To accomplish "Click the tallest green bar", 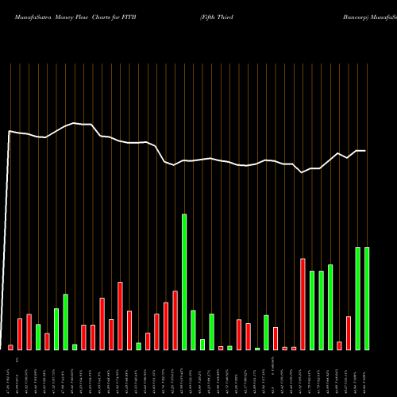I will tap(184, 282).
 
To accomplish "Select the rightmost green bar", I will tap(367, 299).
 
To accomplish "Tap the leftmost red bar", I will tap(11, 347).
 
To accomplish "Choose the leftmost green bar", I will tap(38, 337).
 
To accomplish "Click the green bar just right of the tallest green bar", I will tap(193, 330).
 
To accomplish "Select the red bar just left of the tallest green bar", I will tap(175, 320).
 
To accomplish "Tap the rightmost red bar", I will tap(349, 333).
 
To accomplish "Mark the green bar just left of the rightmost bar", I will tap(357, 299).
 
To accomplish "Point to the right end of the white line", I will tap(366, 151).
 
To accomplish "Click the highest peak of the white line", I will tap(75, 123).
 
